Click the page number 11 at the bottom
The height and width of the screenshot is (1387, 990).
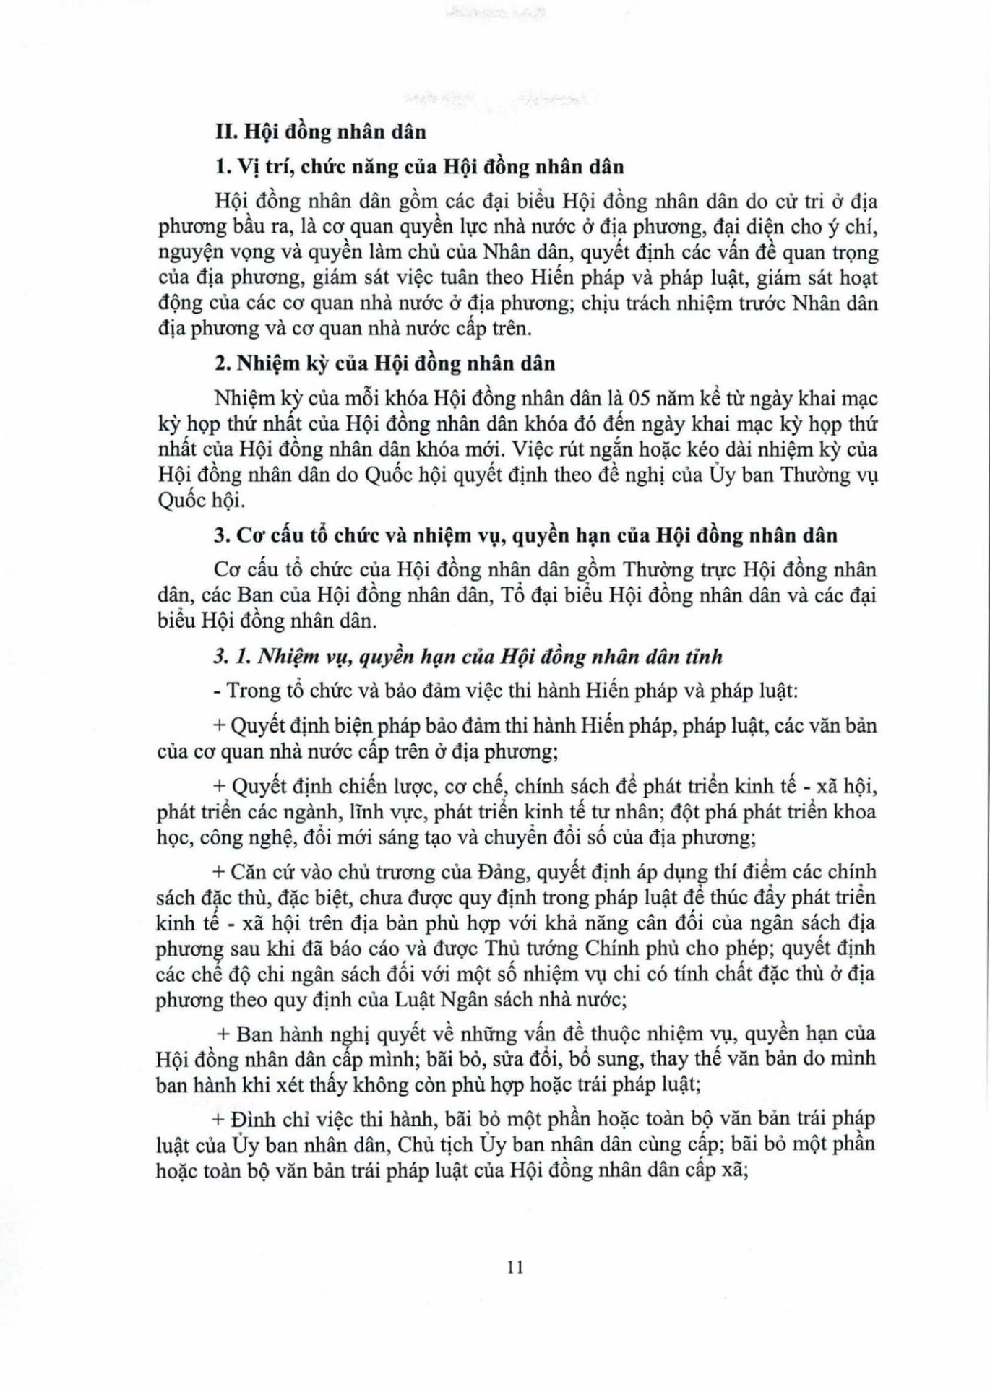tap(515, 1267)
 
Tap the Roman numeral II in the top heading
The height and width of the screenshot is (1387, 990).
tap(227, 131)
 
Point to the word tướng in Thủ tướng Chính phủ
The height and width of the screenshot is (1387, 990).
tap(550, 948)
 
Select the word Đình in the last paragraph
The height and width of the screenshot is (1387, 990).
tap(249, 1119)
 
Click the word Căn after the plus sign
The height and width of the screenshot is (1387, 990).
tap(249, 872)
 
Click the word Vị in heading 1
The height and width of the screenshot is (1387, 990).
tap(249, 167)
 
